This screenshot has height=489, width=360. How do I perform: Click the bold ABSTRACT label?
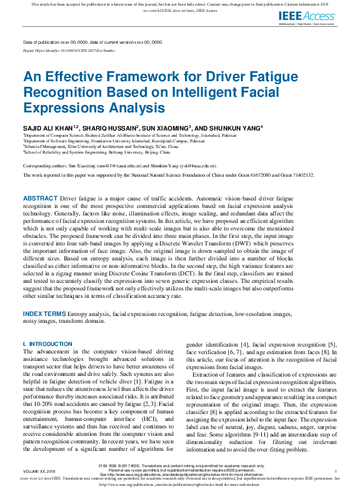coord(40,198)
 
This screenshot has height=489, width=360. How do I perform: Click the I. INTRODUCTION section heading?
coord(47,344)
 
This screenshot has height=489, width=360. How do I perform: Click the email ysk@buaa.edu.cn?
coord(202,166)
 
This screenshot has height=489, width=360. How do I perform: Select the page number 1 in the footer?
coord(336,471)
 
